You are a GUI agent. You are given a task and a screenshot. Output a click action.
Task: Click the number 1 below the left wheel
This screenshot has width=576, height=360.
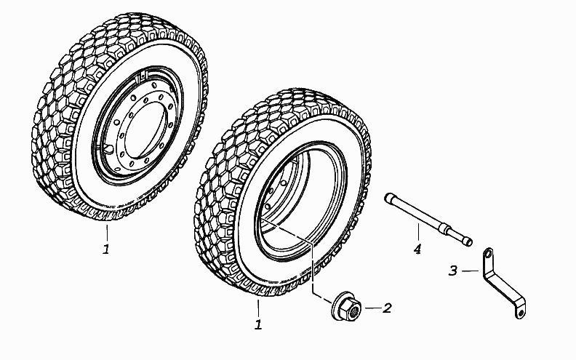click(106, 249)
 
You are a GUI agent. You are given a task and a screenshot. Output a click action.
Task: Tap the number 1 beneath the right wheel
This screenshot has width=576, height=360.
click(259, 324)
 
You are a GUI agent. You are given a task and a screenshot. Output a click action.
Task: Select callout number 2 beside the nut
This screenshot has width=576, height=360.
click(387, 308)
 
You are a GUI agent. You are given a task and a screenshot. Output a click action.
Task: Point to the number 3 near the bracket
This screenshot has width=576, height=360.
click(453, 271)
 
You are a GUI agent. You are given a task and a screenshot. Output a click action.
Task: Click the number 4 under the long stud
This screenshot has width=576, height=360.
click(417, 249)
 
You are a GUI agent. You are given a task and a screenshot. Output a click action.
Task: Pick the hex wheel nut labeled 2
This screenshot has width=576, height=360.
click(346, 306)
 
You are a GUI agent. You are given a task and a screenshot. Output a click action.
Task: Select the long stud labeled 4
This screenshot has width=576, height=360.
click(428, 220)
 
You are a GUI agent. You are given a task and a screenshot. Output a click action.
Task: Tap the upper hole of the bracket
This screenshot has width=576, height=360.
click(488, 254)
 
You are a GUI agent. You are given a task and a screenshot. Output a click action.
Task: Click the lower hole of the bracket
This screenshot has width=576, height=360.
click(520, 313)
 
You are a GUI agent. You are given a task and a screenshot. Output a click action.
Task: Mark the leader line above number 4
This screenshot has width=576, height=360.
click(418, 233)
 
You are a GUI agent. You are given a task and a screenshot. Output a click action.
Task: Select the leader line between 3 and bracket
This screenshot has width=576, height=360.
click(471, 271)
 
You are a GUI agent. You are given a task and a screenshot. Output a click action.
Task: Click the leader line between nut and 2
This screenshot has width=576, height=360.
click(373, 308)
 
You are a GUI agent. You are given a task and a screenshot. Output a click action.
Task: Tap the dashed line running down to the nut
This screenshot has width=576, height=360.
click(312, 265)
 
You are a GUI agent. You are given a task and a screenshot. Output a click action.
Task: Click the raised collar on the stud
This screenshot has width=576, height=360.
click(447, 229)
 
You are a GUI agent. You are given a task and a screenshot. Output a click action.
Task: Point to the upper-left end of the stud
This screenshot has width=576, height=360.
click(388, 197)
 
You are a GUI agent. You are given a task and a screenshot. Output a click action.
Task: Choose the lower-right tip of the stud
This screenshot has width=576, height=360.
click(469, 242)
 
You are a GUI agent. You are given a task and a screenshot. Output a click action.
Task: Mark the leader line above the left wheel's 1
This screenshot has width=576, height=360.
click(107, 233)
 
